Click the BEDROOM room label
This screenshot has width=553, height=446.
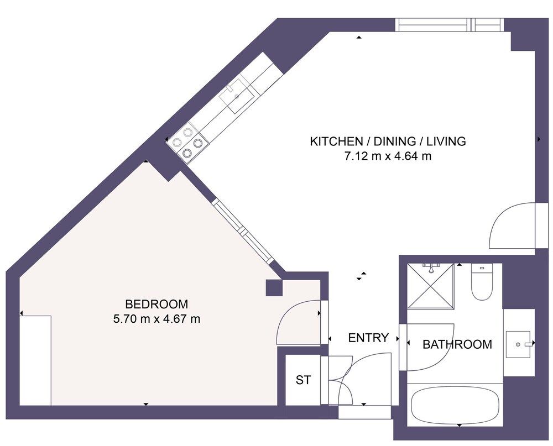coord(156,304)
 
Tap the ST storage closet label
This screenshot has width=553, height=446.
coord(303,380)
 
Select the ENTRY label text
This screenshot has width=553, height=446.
coord(368,338)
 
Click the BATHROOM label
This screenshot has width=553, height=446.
coord(457,344)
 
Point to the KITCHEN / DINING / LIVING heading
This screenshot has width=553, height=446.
coord(387,141)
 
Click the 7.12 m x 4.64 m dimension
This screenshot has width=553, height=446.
coord(387,156)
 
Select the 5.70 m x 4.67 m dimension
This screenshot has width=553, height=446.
coord(156,319)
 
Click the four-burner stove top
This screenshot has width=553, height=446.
coord(187,141)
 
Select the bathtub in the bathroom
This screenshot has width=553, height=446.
coord(455,405)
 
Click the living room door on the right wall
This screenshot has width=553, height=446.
coord(512,227)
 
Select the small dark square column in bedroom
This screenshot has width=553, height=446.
coord(274,288)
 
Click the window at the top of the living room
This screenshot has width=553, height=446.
coord(448,25)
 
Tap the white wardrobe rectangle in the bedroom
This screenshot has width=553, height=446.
coord(35,360)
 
